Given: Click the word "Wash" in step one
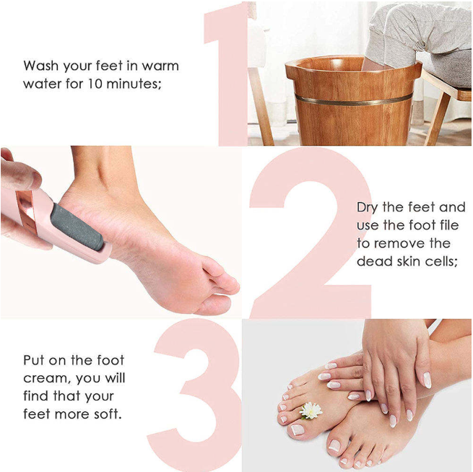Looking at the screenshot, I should (x=41, y=66).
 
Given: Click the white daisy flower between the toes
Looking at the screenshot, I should (x=311, y=410).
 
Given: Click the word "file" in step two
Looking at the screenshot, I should (x=443, y=225).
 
